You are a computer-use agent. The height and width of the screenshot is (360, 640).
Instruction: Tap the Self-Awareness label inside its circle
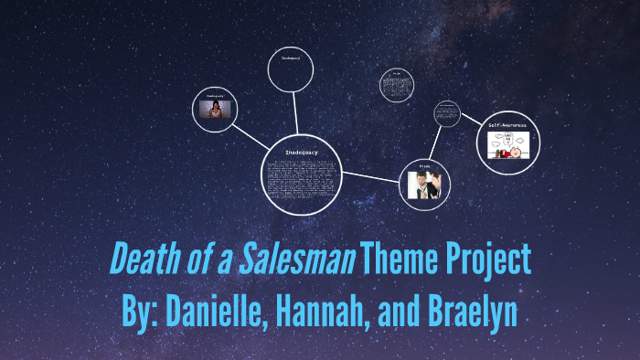pos(507,125)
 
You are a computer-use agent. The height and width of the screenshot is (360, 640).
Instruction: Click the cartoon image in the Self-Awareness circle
pos(508,144)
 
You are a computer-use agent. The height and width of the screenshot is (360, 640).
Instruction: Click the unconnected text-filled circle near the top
pos(396,85)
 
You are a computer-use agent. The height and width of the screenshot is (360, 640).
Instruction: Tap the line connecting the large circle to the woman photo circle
pos(252,137)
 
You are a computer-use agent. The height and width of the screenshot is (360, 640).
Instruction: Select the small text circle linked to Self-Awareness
pos(446,115)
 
